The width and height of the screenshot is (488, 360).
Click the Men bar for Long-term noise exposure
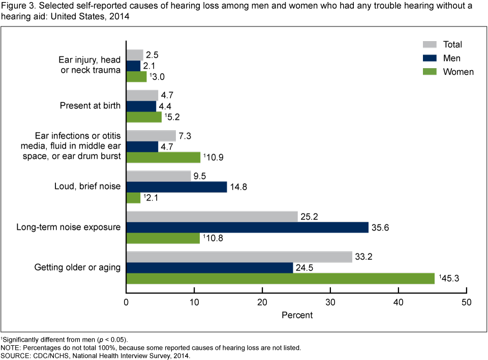(x=247, y=227)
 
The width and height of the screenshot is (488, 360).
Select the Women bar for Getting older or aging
(x=280, y=279)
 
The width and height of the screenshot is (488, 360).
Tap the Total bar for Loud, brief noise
(x=159, y=176)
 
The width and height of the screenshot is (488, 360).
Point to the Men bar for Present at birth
(x=141, y=106)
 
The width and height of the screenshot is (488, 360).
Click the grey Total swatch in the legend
(x=430, y=45)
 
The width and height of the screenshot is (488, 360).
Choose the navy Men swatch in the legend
(x=430, y=58)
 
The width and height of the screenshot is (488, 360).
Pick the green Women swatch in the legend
(x=430, y=72)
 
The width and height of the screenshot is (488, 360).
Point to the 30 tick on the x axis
(x=330, y=303)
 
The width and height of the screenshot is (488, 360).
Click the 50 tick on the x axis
(x=467, y=303)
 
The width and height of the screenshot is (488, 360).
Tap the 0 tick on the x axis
(x=126, y=303)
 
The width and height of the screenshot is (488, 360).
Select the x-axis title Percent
(x=297, y=315)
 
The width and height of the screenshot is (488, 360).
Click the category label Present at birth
(x=90, y=106)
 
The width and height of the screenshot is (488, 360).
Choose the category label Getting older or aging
(x=77, y=267)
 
